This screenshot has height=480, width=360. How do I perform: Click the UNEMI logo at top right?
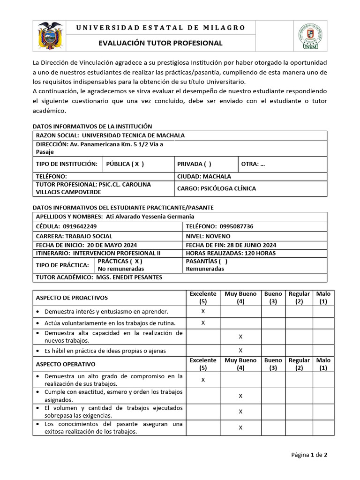310,36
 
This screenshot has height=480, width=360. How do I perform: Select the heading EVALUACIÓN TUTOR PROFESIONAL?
160,43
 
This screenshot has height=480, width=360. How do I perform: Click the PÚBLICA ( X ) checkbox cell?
125,164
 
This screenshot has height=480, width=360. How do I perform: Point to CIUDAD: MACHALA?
204,177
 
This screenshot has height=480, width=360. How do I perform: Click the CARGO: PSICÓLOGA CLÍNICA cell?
216,188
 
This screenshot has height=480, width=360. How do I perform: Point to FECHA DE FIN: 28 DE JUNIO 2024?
231,245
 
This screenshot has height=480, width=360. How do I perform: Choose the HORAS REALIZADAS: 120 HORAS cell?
231,253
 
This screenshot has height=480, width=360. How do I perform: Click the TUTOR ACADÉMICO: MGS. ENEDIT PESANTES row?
99,277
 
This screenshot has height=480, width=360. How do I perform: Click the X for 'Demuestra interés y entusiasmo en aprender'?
203,311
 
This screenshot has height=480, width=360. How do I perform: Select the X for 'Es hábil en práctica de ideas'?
240,350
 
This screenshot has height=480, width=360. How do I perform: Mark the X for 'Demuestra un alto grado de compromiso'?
203,380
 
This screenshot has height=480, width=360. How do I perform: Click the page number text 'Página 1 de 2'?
309,454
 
